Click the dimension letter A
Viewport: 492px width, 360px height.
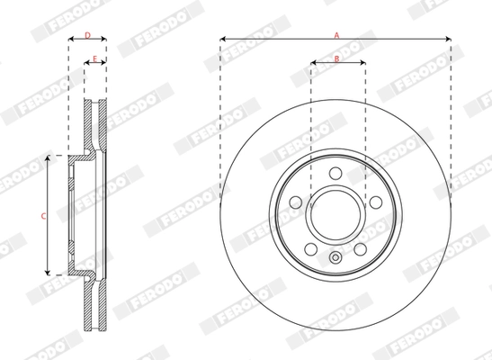point(336,33)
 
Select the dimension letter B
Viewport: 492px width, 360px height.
point(336,58)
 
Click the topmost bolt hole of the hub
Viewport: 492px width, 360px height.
point(335,174)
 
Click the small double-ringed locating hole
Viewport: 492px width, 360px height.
point(335,260)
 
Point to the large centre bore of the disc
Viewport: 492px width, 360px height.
point(335,217)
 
